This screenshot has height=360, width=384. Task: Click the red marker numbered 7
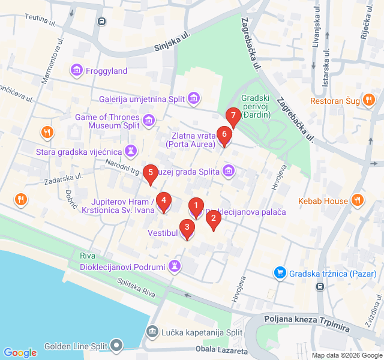[x=232, y=116]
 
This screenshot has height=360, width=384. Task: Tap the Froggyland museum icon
[x=77, y=71]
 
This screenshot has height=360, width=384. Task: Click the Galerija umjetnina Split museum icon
[x=193, y=98]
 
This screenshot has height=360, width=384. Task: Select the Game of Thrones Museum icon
[x=148, y=122]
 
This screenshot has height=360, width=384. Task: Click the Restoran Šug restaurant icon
[x=369, y=101]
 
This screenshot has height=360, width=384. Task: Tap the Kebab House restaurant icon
[x=358, y=200]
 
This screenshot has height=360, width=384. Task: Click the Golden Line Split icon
[x=116, y=346]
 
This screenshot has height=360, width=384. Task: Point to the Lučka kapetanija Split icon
[x=152, y=332]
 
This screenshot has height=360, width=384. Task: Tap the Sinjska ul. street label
[x=172, y=41]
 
